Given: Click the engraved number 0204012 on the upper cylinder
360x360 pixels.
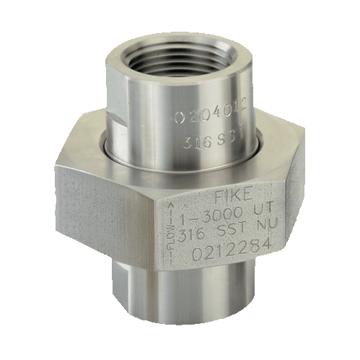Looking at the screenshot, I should [208, 117].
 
